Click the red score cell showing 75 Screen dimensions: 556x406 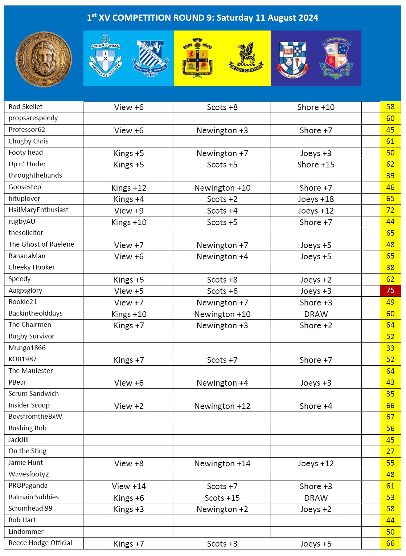[390, 291]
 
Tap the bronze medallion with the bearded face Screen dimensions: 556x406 [44, 59]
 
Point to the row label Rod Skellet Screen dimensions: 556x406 [25, 107]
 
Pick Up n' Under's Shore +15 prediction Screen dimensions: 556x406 [316, 165]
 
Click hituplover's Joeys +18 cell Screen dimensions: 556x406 [316, 199]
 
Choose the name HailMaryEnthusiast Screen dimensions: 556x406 [38, 210]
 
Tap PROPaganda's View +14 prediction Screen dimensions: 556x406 [129, 487]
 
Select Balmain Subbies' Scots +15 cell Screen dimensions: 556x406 [222, 498]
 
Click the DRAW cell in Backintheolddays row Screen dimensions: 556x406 [316, 314]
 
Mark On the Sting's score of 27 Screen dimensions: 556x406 [390, 451]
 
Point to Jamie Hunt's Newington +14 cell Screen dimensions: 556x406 [222, 464]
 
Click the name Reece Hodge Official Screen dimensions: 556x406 [40, 543]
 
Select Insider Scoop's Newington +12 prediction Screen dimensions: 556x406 [222, 406]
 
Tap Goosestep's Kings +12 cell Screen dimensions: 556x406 [129, 188]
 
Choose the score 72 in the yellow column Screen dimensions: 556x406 [390, 211]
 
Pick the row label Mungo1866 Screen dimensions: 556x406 [27, 348]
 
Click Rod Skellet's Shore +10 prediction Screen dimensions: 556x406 [316, 107]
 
